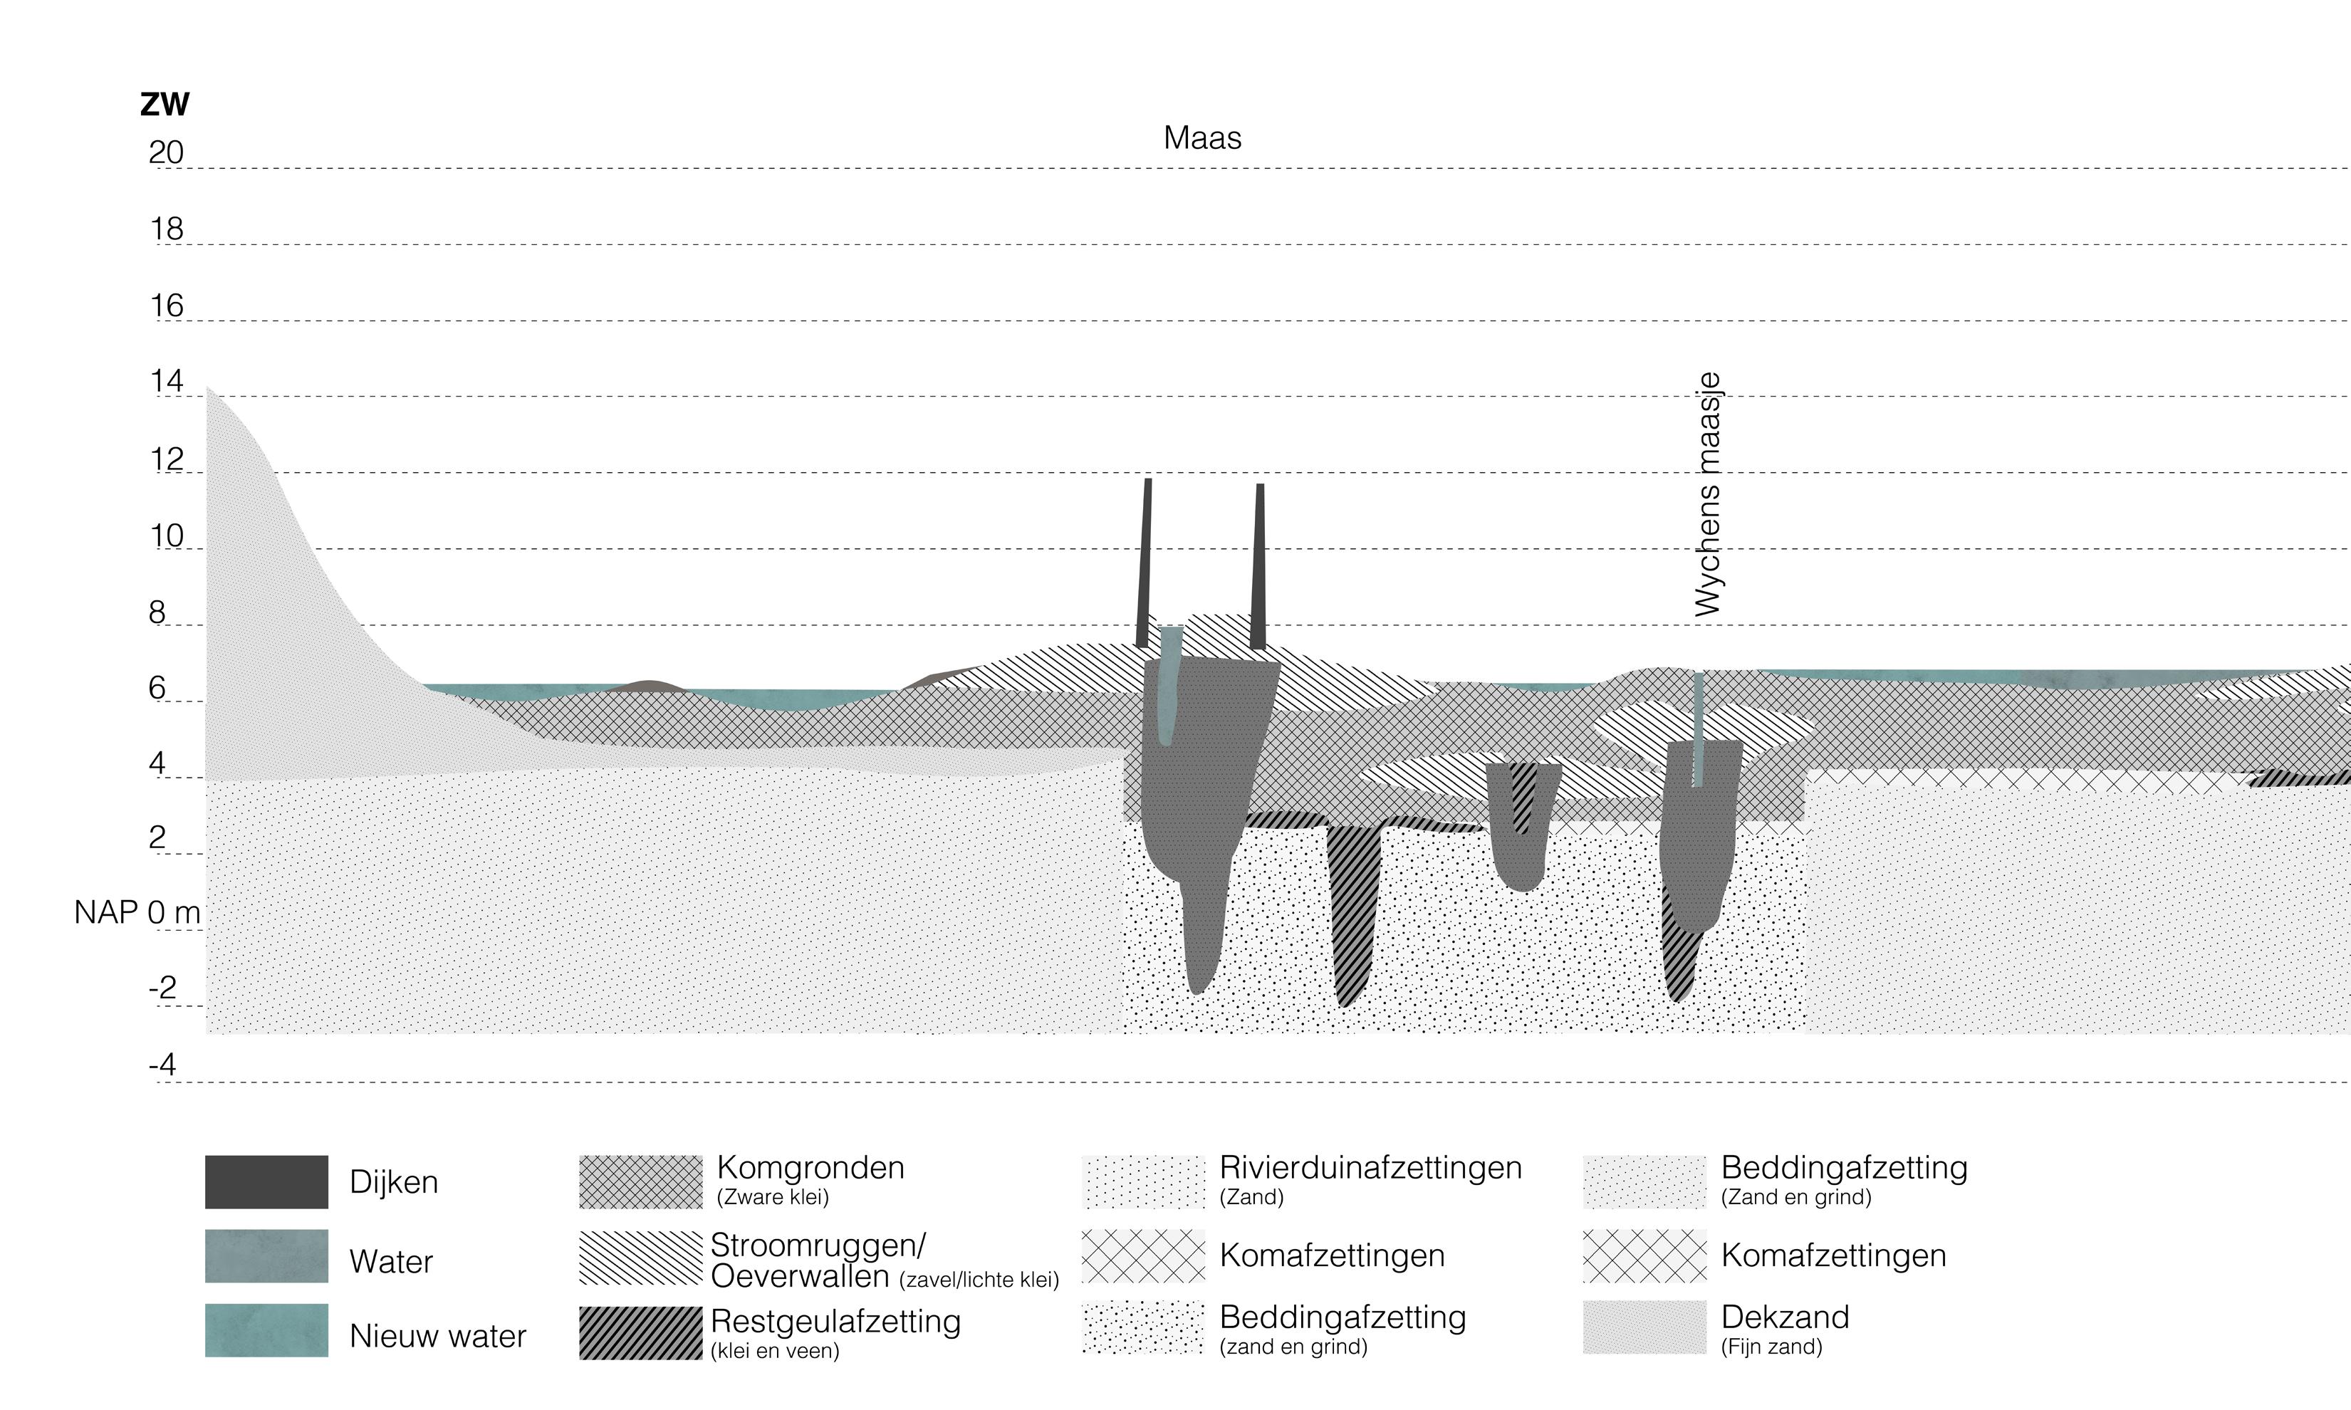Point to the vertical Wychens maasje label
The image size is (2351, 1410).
point(1708,495)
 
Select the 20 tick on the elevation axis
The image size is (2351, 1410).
point(166,153)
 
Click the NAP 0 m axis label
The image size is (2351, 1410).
point(137,913)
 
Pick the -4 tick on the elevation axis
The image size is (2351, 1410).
point(162,1065)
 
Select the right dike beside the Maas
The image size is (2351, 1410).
point(1259,566)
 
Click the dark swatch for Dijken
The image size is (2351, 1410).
point(266,1182)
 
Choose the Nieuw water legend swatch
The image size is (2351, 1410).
point(266,1330)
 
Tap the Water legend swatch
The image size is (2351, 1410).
point(266,1256)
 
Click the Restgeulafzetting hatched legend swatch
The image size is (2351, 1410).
point(640,1332)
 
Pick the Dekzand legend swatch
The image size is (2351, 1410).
point(1644,1327)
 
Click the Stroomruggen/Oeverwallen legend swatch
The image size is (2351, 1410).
point(640,1258)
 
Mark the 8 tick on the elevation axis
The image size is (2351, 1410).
point(157,613)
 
